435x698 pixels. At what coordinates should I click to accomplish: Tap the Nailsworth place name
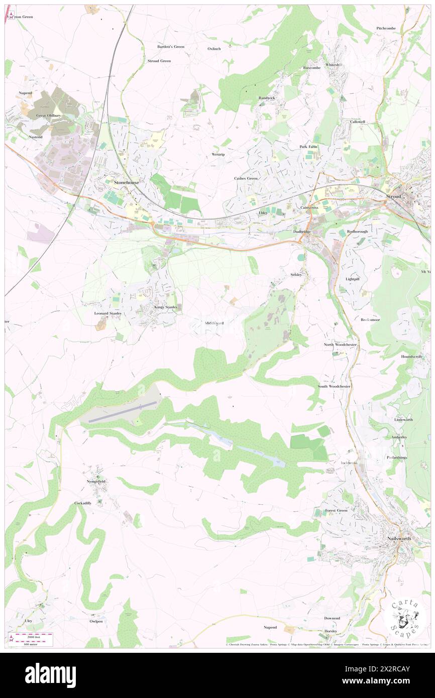pos(399,539)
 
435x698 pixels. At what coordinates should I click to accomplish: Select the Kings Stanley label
pos(166,307)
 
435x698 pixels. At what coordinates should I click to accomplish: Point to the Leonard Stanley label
pos(108,313)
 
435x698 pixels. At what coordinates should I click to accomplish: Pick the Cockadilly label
pos(83,503)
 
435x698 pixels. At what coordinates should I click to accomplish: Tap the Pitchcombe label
pos(386,28)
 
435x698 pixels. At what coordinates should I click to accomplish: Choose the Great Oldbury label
pos(48,115)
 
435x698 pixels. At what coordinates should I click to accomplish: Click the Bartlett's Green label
pos(171,46)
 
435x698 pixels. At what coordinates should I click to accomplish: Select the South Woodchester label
pos(334,386)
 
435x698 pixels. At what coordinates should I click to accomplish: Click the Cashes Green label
pos(246,178)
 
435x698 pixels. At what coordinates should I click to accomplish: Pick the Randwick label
pos(267,98)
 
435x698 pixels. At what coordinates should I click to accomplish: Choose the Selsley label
pos(296,275)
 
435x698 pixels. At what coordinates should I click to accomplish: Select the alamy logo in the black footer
pos(50,675)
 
